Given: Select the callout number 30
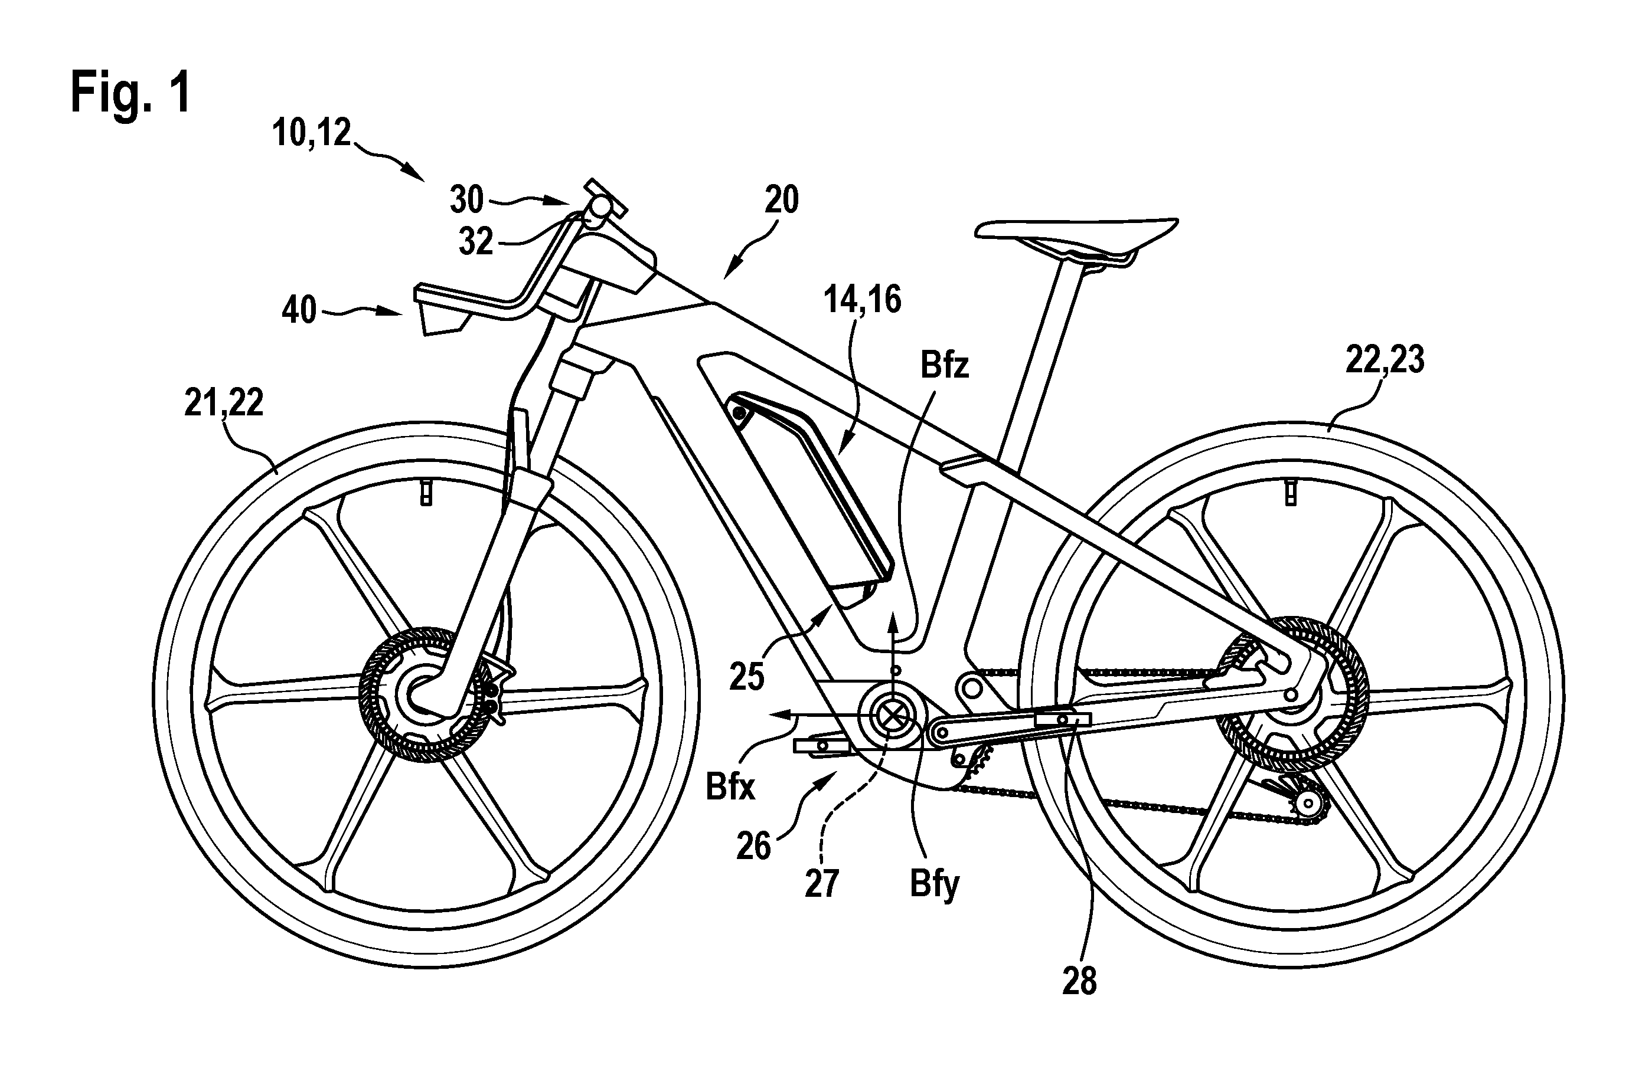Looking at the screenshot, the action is (466, 201).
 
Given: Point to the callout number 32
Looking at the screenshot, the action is (476, 242).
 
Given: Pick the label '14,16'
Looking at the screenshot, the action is (863, 300).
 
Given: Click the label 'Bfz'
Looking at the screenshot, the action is (945, 366).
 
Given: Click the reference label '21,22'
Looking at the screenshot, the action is (224, 403).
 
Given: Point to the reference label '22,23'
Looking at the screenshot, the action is (1385, 360).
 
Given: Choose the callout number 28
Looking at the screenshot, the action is (1079, 982).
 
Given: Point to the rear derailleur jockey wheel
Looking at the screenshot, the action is (1308, 805).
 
